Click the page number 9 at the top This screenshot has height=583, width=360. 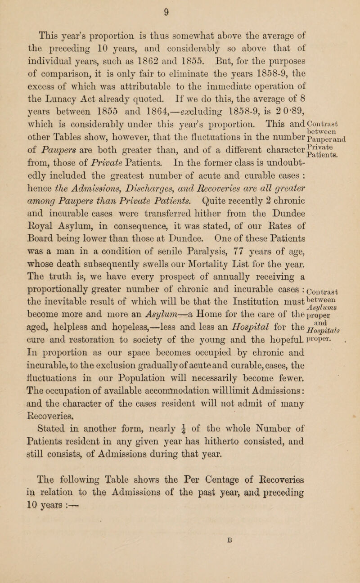(180, 8)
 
